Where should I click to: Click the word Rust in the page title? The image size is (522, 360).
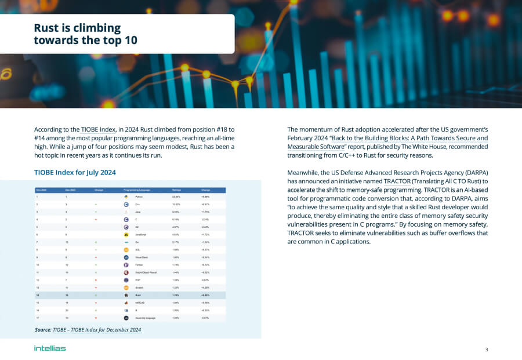pos(46,28)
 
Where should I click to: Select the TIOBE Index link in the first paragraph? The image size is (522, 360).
pos(98,129)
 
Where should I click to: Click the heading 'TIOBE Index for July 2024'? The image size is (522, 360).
pos(75,172)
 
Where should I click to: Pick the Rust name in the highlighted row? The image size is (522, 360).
pos(138,295)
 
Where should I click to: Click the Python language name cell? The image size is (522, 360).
pos(139,198)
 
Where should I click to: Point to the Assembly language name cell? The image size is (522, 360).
pos(146,318)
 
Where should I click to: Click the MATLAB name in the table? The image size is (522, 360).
pos(140,303)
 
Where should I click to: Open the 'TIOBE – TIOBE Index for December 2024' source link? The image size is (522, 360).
pos(97,330)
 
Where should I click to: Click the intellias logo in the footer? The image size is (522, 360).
pos(50,348)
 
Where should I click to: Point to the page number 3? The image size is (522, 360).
pos(486,349)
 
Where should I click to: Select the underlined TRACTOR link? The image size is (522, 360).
pos(397,181)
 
